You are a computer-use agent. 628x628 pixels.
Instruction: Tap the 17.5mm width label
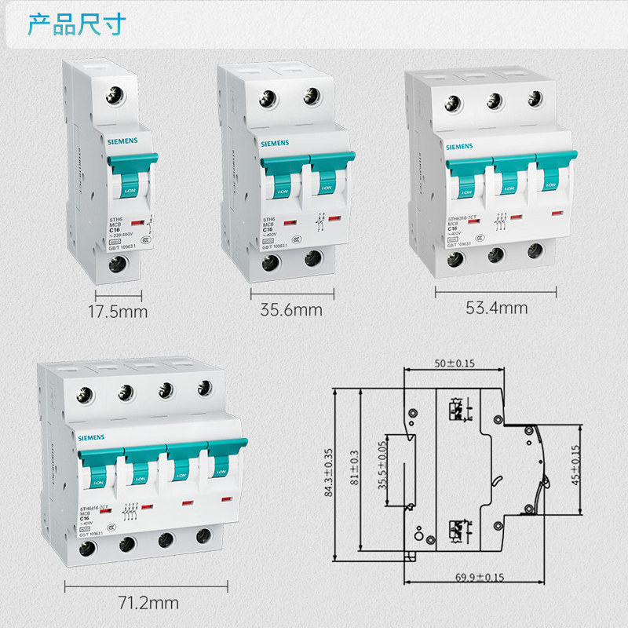click(x=119, y=312)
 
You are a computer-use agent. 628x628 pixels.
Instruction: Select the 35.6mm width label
click(x=291, y=309)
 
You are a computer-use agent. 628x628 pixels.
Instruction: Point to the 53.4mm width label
click(x=496, y=308)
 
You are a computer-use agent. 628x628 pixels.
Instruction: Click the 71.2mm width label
click(x=148, y=603)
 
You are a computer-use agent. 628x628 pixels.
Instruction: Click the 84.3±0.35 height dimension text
click(x=328, y=473)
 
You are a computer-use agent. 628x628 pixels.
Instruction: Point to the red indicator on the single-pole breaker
click(x=136, y=223)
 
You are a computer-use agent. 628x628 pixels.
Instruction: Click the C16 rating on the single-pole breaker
click(x=113, y=230)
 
